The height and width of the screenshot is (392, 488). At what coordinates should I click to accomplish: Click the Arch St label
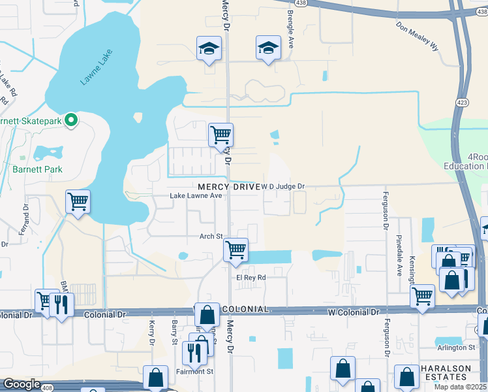pyautogui.click(x=211, y=237)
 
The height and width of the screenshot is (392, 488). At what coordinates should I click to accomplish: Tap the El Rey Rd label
pyautogui.click(x=251, y=277)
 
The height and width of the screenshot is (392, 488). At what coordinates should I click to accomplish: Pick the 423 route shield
pyautogui.click(x=462, y=103)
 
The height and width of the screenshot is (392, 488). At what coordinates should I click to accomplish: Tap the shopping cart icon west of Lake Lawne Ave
pyautogui.click(x=78, y=201)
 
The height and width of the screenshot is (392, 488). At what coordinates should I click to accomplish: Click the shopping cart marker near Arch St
pyautogui.click(x=236, y=250)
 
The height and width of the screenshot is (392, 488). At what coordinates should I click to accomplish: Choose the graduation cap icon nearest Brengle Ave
pyautogui.click(x=267, y=48)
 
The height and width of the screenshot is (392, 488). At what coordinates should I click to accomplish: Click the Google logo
pyautogui.click(x=21, y=384)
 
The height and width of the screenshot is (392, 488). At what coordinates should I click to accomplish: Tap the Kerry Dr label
pyautogui.click(x=151, y=332)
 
